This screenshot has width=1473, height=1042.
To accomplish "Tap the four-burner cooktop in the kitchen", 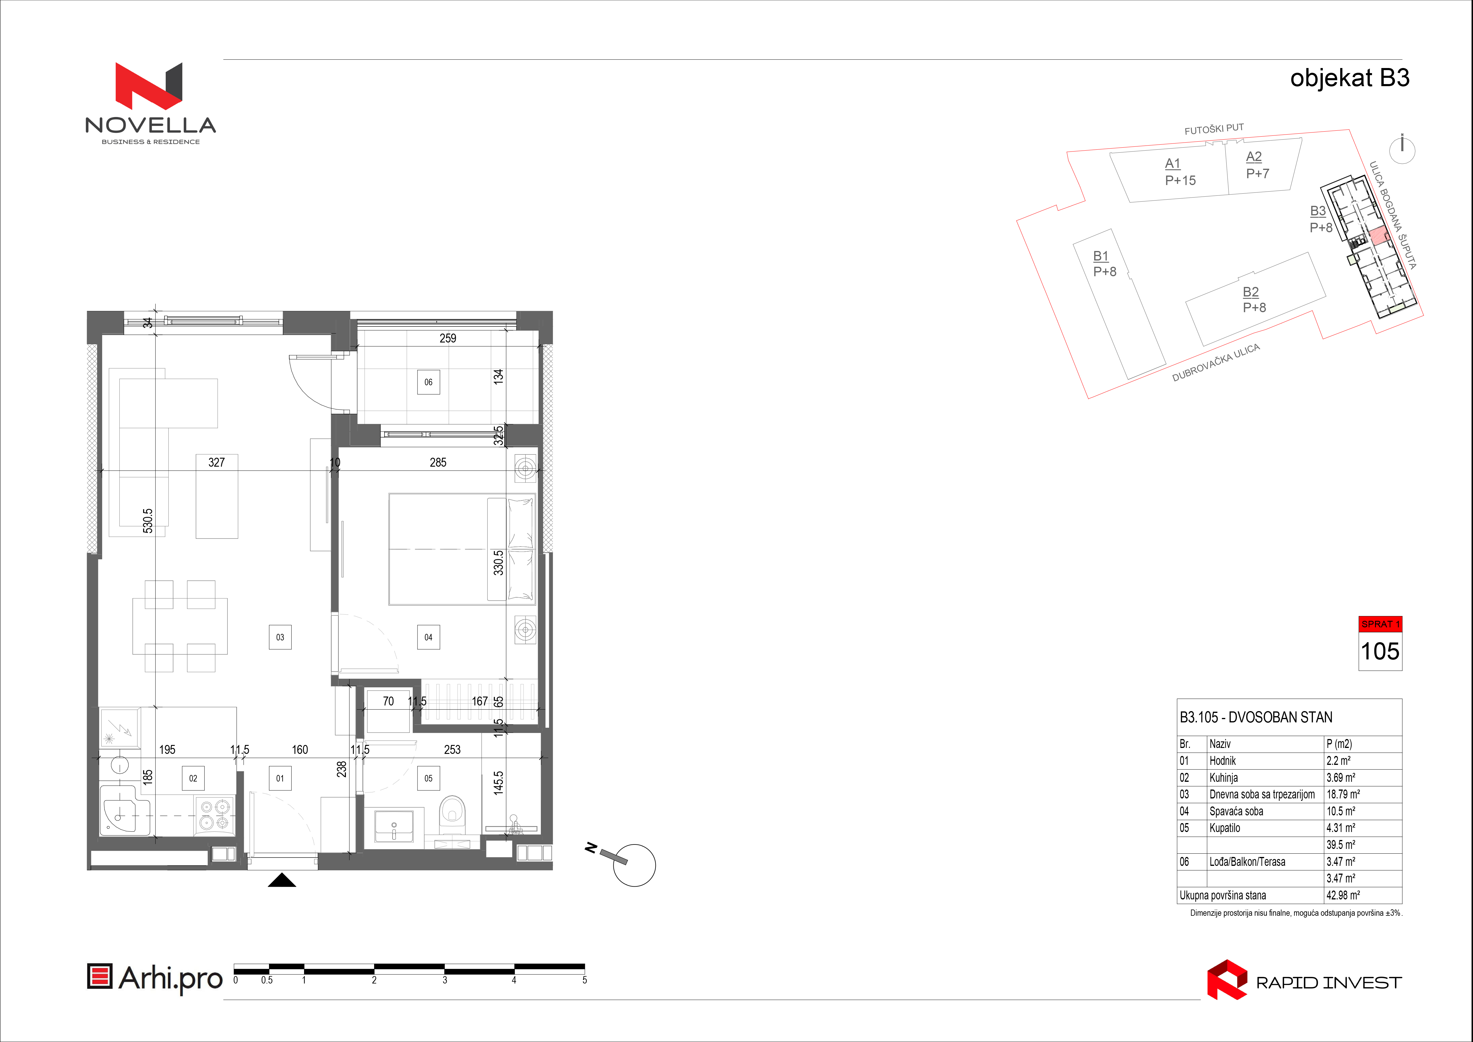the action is click(x=214, y=815).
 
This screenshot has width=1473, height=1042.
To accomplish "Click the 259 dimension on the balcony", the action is click(x=448, y=338).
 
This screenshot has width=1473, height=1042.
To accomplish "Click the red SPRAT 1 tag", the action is click(x=1380, y=624).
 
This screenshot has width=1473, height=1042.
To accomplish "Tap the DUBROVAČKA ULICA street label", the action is click(x=1216, y=362).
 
